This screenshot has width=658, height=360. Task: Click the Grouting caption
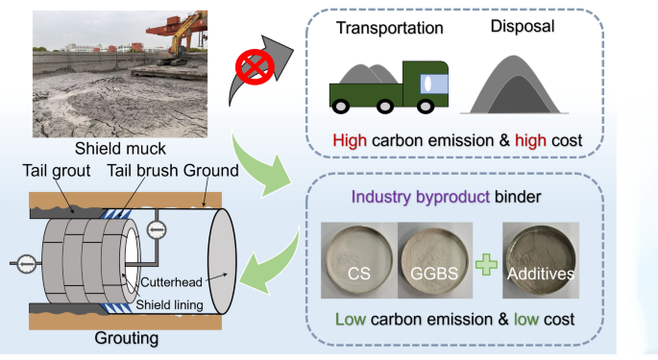coord(126,339)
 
